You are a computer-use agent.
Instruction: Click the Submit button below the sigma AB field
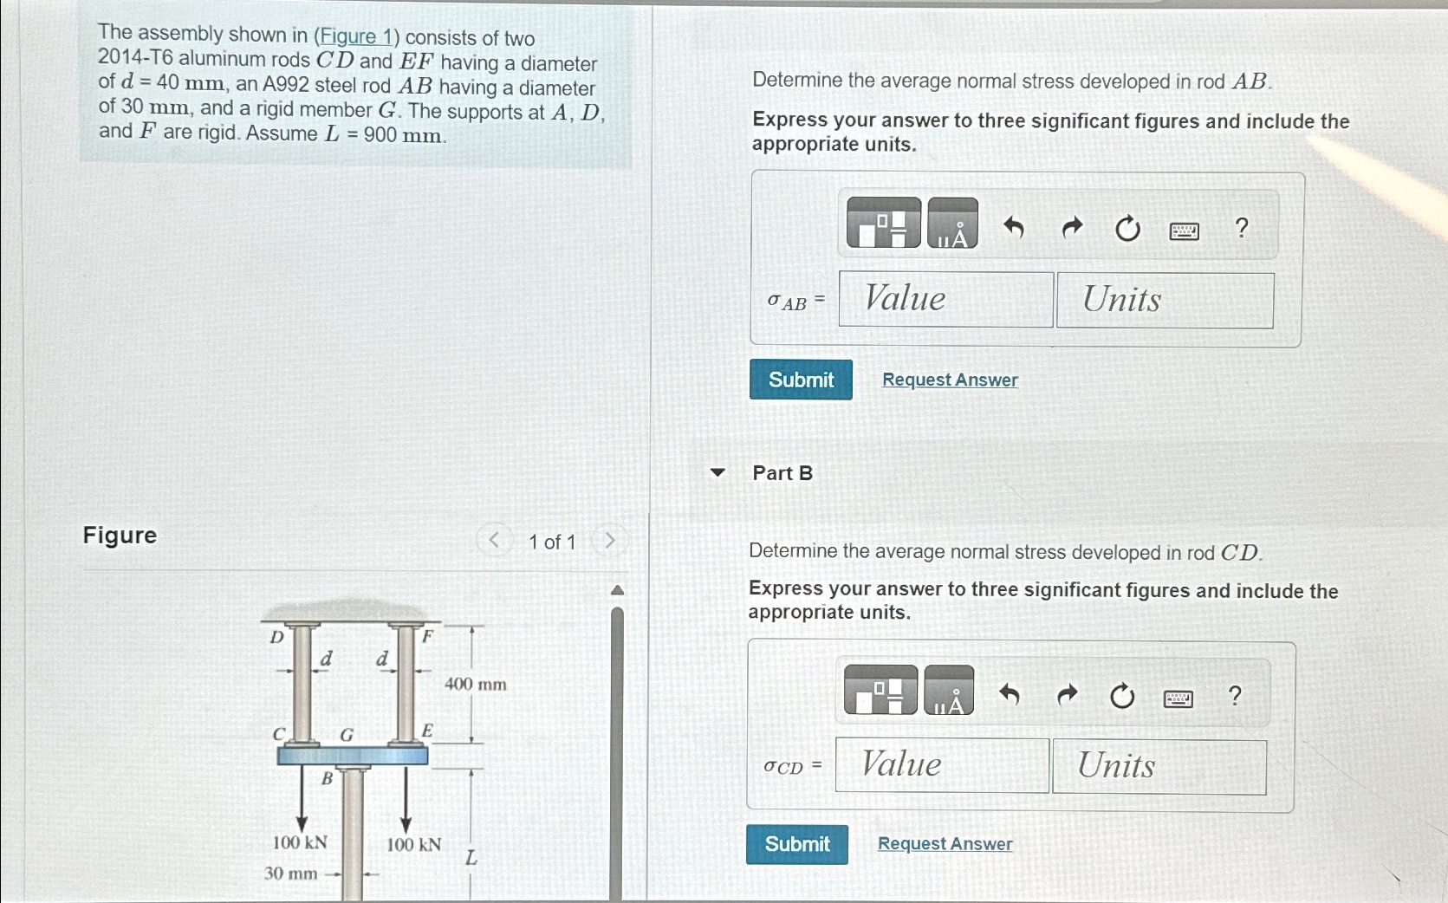pos(801,380)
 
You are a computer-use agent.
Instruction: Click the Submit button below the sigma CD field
pos(796,844)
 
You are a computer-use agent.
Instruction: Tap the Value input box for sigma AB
pos(945,300)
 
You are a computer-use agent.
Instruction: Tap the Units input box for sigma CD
pos(1159,766)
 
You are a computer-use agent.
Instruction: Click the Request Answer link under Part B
pos(945,844)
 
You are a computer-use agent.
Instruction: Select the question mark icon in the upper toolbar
pos(1241,228)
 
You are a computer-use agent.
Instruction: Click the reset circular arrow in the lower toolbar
pos(1121,696)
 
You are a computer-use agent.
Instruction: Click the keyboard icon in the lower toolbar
pos(1178,698)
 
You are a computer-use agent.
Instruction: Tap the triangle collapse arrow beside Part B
pos(717,472)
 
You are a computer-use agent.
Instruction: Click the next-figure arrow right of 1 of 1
pos(609,541)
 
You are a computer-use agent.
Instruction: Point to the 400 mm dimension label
pos(475,685)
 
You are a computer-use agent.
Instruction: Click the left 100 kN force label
pos(300,842)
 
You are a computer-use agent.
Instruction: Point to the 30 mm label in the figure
pos(290,874)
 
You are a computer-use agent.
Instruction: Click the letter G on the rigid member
pos(346,735)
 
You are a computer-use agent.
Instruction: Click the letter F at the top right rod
pos(427,637)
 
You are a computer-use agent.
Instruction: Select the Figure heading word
pos(120,536)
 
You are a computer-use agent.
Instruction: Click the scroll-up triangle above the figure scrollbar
pos(617,591)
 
